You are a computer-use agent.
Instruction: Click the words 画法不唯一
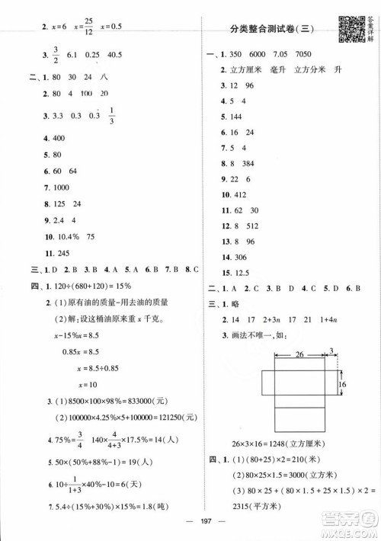point(257,336)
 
